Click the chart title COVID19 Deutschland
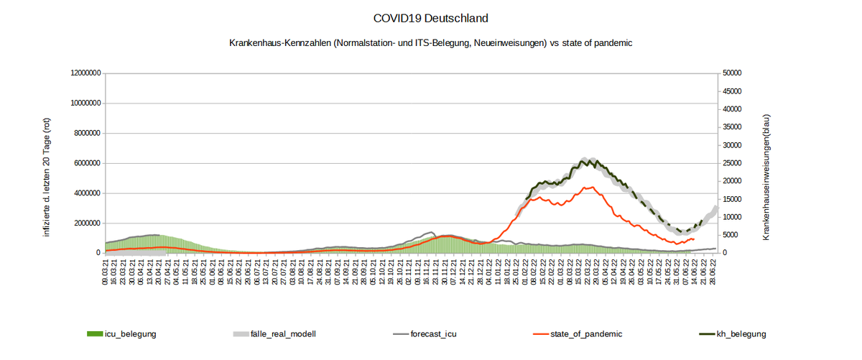pos(431,17)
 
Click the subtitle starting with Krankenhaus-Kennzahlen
pos(430,43)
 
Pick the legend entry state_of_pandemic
pos(586,334)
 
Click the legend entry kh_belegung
pos(742,334)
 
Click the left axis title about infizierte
pos(47,176)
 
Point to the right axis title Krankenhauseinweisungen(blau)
pos(766,176)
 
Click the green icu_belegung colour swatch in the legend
pos(95,334)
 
